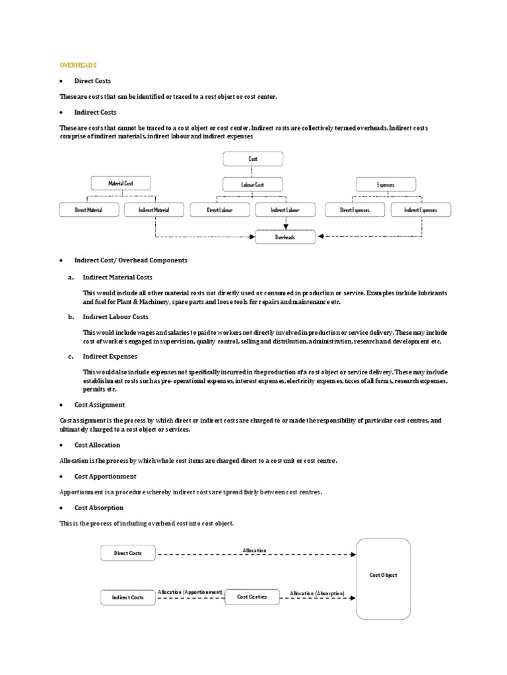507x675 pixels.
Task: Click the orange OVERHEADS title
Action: [x=78, y=65]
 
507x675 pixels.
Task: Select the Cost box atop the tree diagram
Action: [x=253, y=159]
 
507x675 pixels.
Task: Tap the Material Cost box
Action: [x=121, y=184]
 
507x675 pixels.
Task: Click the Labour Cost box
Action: [x=253, y=185]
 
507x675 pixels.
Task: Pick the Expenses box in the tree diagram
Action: [x=386, y=185]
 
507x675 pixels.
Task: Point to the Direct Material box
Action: [x=89, y=210]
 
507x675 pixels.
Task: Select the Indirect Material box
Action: [x=154, y=210]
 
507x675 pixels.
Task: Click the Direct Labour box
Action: [x=220, y=210]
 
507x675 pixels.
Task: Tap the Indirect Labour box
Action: [x=285, y=210]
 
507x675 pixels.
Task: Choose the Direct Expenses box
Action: [x=355, y=210]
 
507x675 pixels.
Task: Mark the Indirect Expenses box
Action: [x=421, y=210]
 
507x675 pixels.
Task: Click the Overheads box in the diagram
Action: [x=285, y=237]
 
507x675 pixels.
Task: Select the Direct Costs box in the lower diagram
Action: [x=128, y=553]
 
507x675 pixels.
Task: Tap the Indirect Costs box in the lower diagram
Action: [x=128, y=597]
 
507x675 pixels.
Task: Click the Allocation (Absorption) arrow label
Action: [x=318, y=593]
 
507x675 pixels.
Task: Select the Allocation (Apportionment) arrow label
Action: [x=191, y=593]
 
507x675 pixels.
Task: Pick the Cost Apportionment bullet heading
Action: [x=105, y=476]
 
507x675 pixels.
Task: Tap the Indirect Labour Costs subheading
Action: [x=116, y=317]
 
